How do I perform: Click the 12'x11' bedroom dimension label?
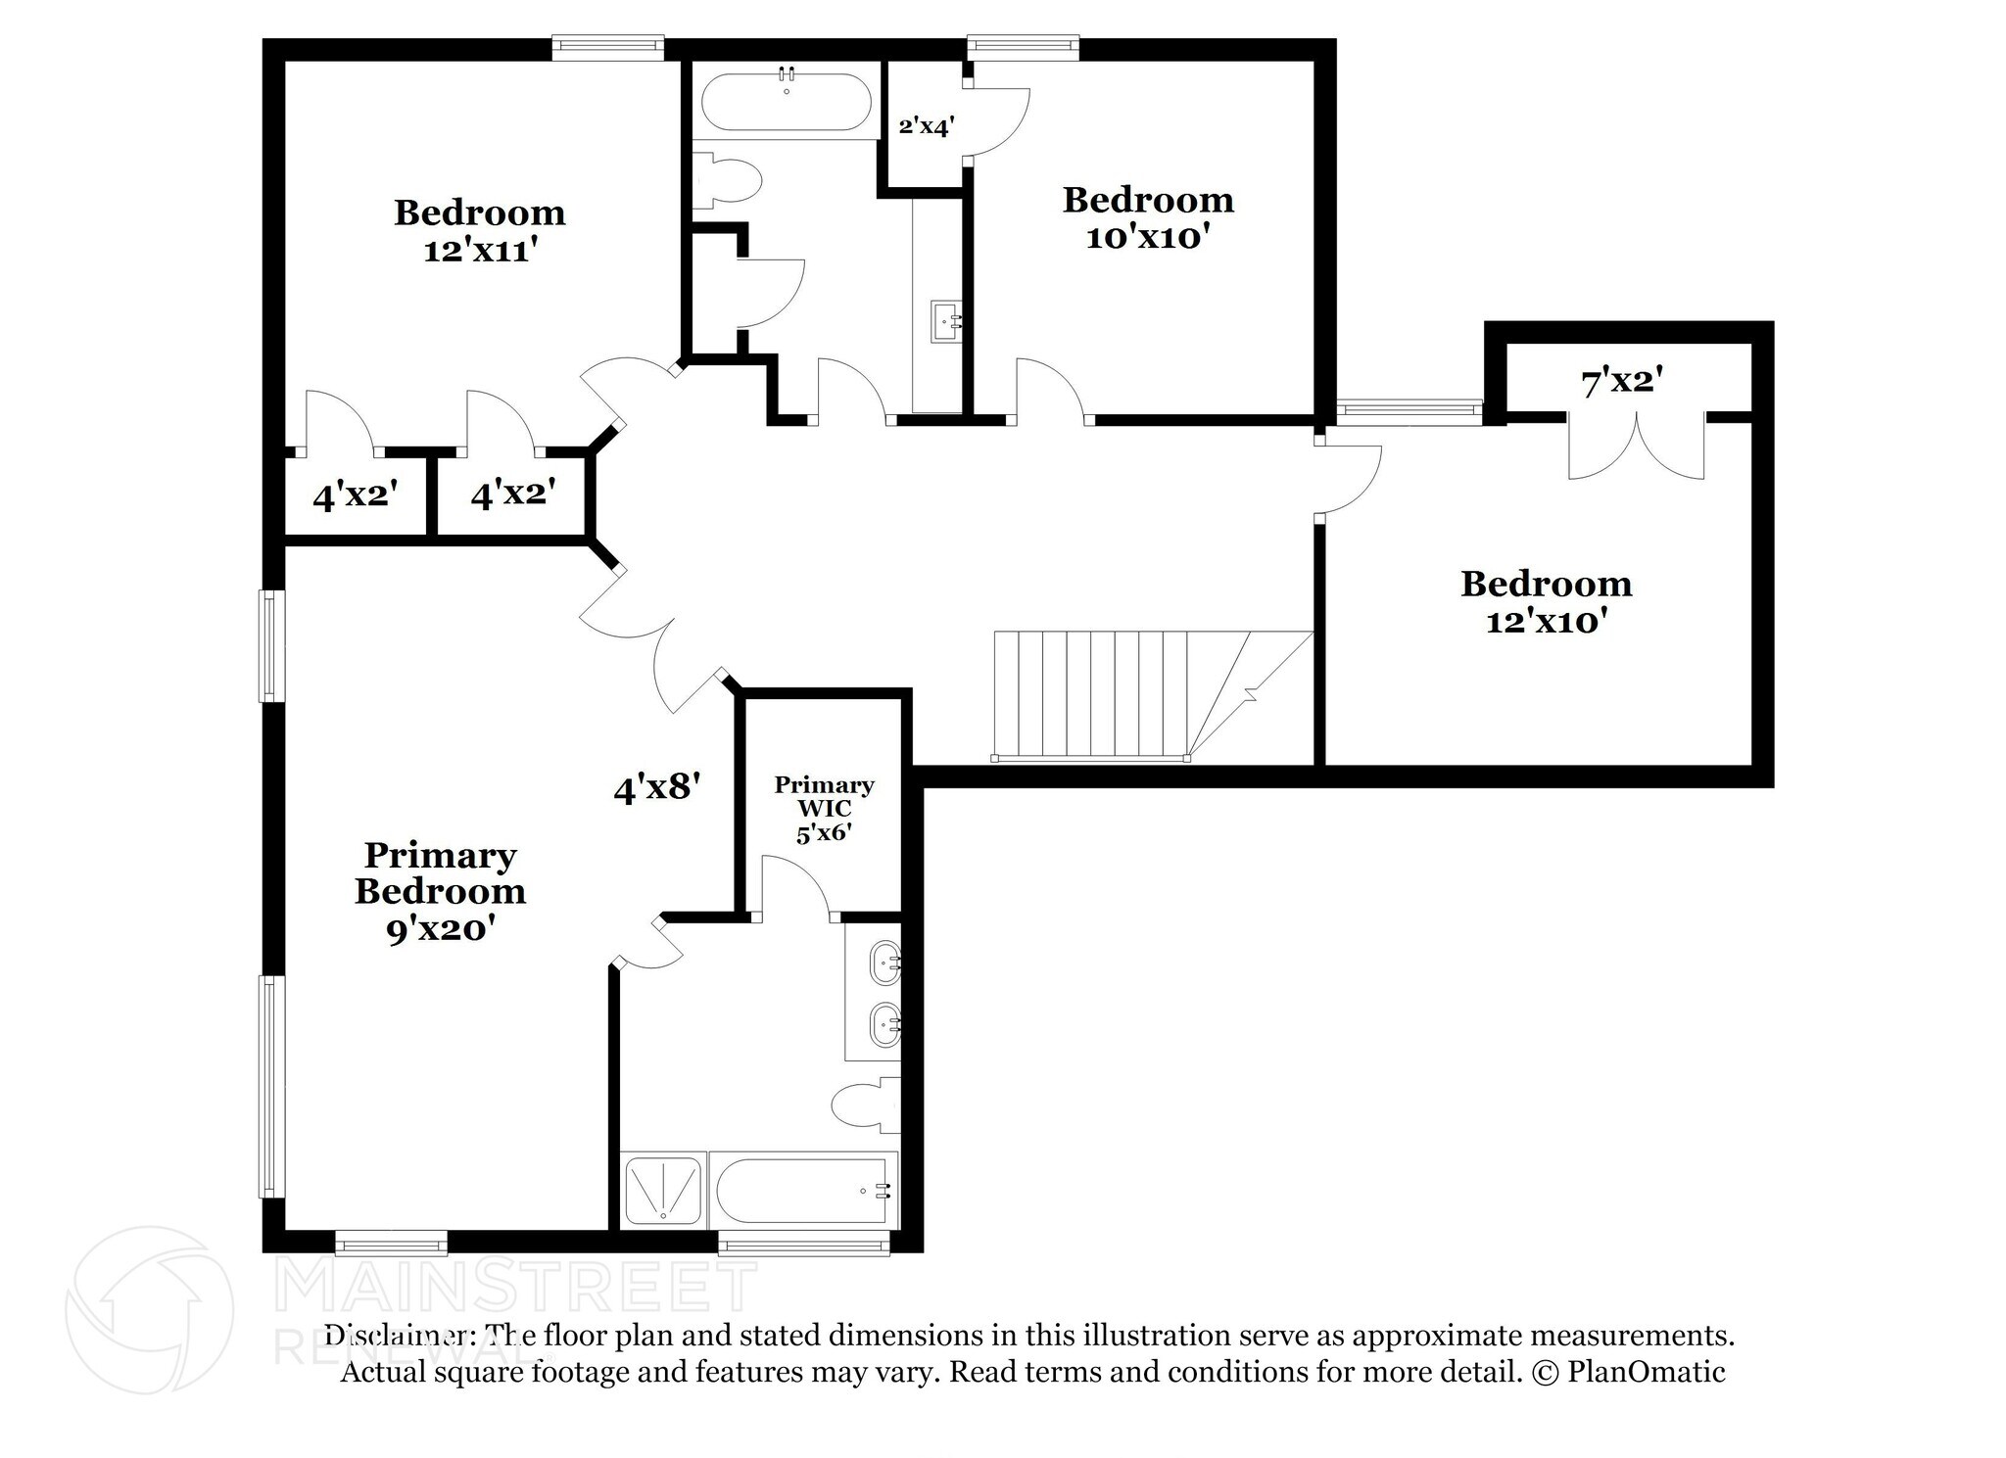(x=481, y=252)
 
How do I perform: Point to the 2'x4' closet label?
(x=925, y=126)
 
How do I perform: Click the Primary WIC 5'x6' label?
(x=824, y=810)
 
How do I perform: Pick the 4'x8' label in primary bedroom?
(x=656, y=787)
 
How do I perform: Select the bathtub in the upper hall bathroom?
(x=787, y=101)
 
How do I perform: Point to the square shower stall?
(x=663, y=1190)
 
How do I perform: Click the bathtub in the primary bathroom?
(x=803, y=1190)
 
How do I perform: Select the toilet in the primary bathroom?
(x=862, y=1106)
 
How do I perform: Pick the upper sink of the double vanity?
(x=884, y=962)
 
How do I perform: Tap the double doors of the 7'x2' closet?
(x=1636, y=446)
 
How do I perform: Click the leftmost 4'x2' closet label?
(x=355, y=496)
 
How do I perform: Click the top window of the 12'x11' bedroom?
(x=607, y=46)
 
